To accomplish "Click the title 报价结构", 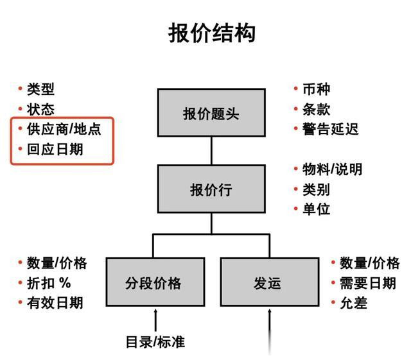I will (x=211, y=33).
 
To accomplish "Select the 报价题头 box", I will (x=211, y=114).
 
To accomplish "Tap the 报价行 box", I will (x=211, y=189).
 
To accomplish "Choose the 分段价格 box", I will (x=155, y=282).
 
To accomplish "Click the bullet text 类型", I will (x=40, y=89).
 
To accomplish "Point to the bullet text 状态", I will (x=40, y=109).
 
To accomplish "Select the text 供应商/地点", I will (x=64, y=129).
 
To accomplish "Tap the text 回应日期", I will (x=55, y=150).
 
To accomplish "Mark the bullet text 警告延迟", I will (x=330, y=129).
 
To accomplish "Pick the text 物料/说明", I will (x=332, y=169).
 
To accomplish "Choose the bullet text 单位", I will (x=316, y=209).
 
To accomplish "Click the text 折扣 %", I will (x=49, y=282).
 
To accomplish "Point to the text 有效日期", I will (x=55, y=302).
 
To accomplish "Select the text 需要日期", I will (x=368, y=282).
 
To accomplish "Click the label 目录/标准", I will (x=155, y=341).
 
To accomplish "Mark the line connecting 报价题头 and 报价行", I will (x=211, y=151).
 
